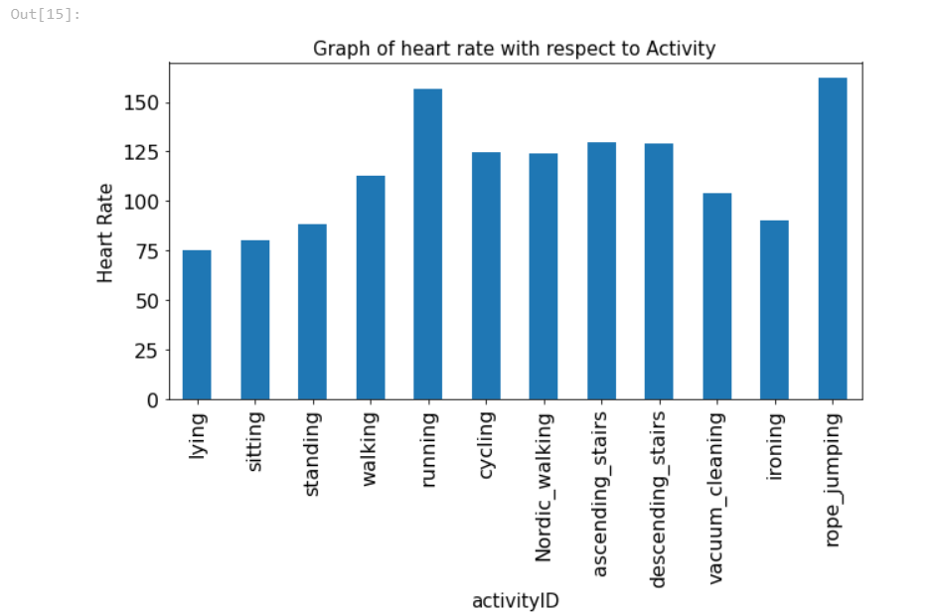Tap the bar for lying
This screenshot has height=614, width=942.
[197, 325]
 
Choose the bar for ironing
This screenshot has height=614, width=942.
[774, 310]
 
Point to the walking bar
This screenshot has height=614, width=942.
[371, 287]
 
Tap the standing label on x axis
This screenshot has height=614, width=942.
[312, 448]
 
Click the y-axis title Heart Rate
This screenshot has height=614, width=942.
[105, 232]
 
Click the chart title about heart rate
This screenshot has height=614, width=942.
[514, 49]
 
